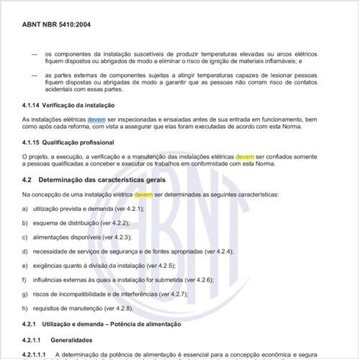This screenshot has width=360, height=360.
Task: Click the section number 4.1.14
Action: tap(35, 106)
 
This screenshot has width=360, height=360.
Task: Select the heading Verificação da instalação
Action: tap(90, 106)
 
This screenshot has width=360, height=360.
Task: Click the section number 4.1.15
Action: tap(35, 143)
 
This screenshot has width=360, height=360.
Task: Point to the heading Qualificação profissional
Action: tap(91, 143)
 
